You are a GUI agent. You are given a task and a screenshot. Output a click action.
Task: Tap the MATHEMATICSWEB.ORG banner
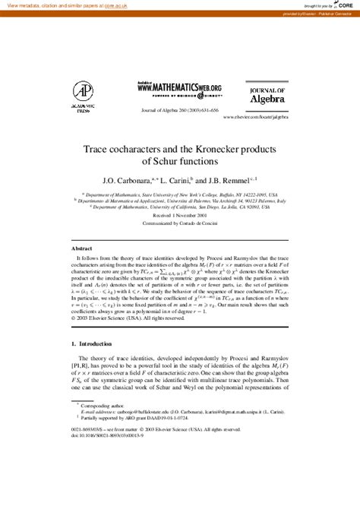[x=179, y=88]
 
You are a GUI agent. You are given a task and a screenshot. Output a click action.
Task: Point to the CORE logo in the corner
[x=342, y=5]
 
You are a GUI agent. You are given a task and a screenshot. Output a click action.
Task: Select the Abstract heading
[x=81, y=248]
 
